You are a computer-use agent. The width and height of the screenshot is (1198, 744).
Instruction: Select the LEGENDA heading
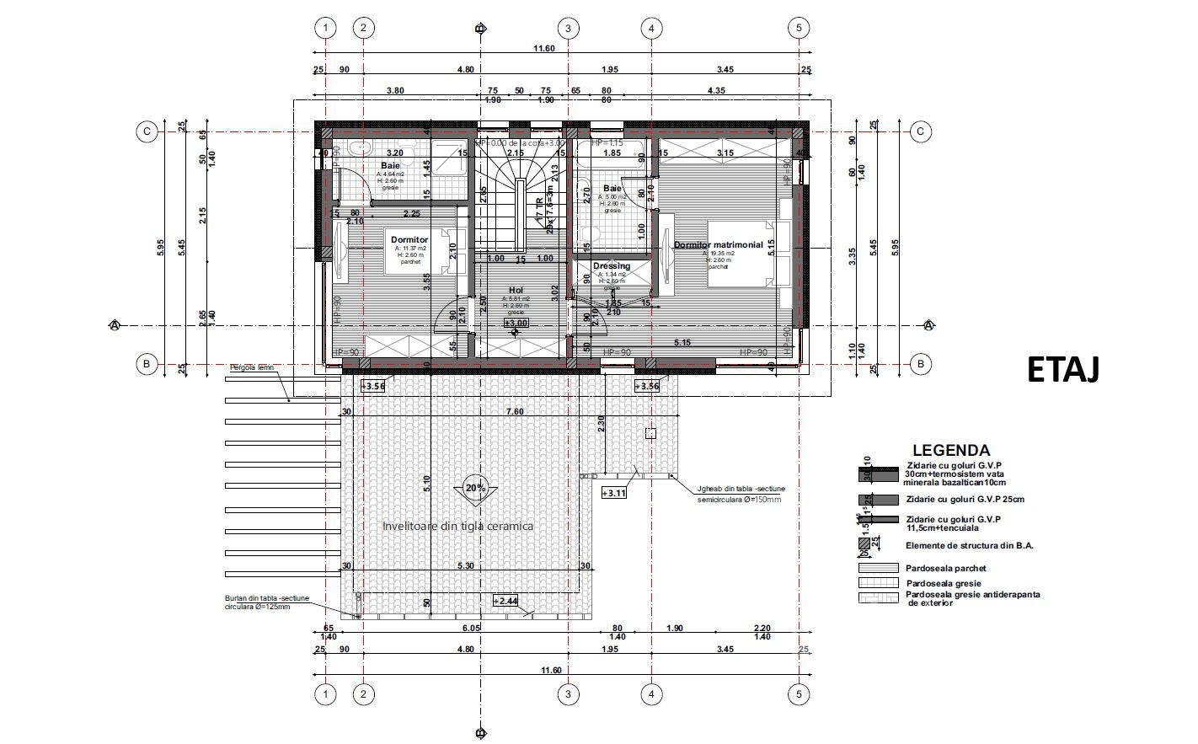951,451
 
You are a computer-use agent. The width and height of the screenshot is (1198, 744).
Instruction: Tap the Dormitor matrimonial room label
718,245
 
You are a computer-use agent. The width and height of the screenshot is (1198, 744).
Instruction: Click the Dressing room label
612,266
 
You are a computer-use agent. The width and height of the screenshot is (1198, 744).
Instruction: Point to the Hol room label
516,291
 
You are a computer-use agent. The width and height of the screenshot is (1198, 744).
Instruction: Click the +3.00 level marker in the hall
516,323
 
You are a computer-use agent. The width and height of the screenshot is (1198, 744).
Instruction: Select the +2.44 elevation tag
506,601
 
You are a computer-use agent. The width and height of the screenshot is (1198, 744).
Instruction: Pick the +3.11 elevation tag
614,494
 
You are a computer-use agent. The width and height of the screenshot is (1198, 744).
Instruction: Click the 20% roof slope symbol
475,488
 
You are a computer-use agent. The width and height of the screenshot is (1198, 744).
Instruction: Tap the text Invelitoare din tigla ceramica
457,526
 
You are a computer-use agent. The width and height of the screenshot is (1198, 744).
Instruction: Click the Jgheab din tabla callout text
741,494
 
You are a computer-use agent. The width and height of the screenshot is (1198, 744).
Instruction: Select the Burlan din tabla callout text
267,602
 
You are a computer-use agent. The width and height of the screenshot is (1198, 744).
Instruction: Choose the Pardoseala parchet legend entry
946,568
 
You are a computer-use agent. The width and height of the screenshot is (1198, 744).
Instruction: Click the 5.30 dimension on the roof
467,566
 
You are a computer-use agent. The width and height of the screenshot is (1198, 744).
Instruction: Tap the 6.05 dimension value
471,629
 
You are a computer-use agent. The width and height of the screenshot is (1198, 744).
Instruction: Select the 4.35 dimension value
716,90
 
